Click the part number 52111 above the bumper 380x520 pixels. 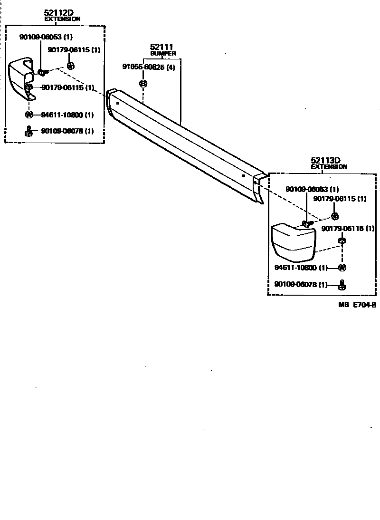point(161,47)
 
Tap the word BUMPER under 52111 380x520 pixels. point(163,54)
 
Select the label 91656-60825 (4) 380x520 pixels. point(148,67)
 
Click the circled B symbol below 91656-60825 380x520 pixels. point(143,84)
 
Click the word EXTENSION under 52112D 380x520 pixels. point(62,19)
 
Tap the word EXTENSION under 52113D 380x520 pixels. point(329,167)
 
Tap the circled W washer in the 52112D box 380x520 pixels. point(29,115)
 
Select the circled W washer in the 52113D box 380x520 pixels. point(342,268)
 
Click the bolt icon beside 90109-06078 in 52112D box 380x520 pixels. point(29,131)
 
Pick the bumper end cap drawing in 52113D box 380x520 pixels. point(293,242)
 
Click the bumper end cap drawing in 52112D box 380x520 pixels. point(21,78)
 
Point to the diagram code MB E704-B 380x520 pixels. point(357,305)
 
